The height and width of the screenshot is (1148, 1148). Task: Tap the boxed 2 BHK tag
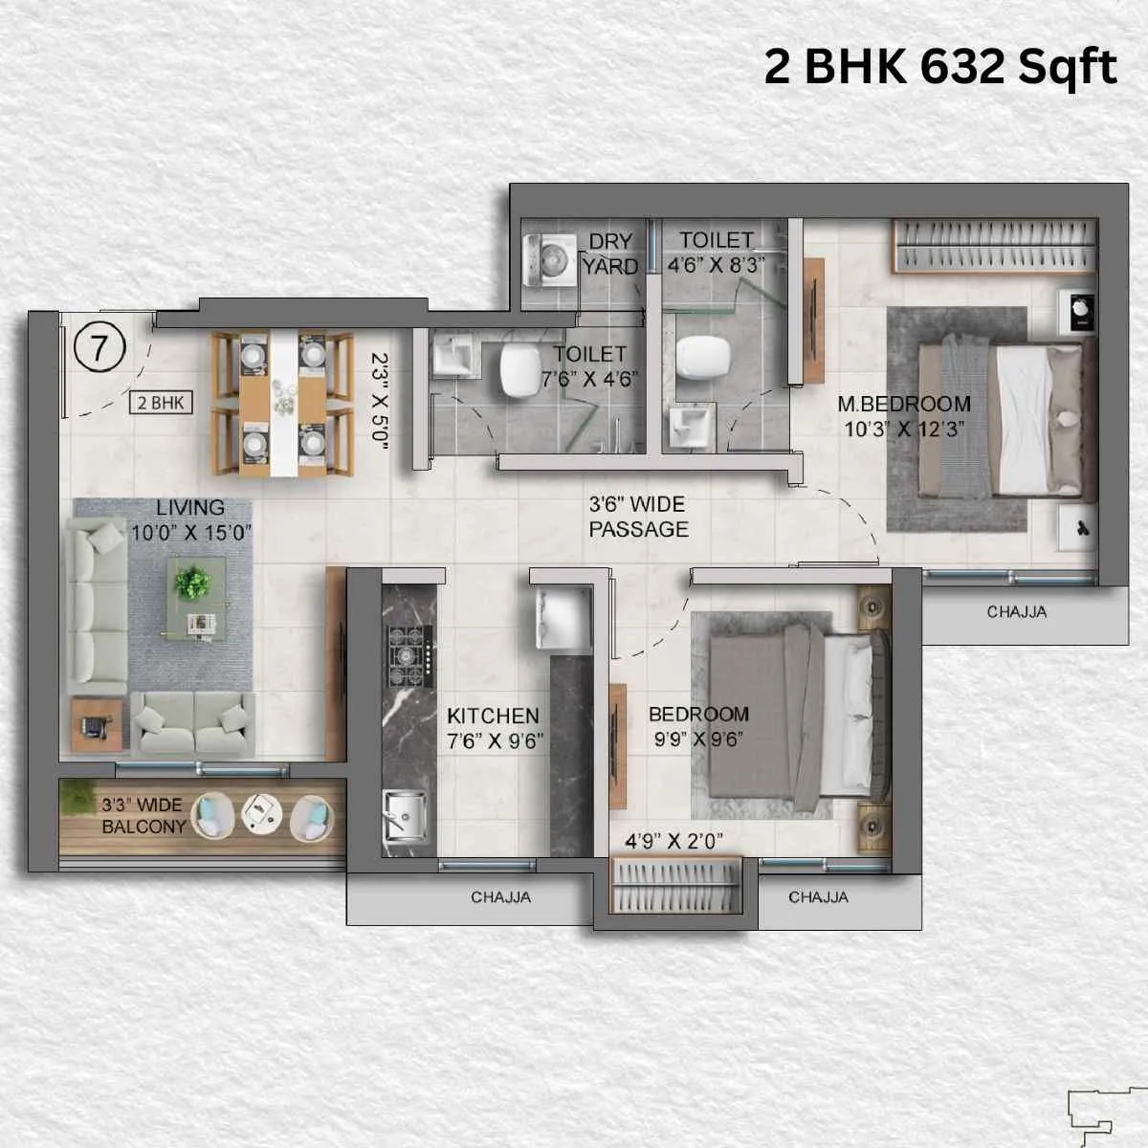(161, 403)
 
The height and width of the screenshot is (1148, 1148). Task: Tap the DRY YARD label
(610, 254)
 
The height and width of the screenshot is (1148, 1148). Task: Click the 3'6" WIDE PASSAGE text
(638, 517)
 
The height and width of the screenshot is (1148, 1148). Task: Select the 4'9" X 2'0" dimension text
(673, 842)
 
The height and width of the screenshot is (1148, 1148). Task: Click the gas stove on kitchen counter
(408, 655)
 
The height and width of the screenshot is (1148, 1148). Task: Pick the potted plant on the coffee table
(193, 581)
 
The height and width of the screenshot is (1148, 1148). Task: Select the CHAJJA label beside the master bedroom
(1017, 611)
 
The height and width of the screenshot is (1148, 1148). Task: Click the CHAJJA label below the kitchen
(500, 897)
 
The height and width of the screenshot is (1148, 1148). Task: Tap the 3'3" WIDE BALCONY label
(143, 816)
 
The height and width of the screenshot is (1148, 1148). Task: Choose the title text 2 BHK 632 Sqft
(940, 68)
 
